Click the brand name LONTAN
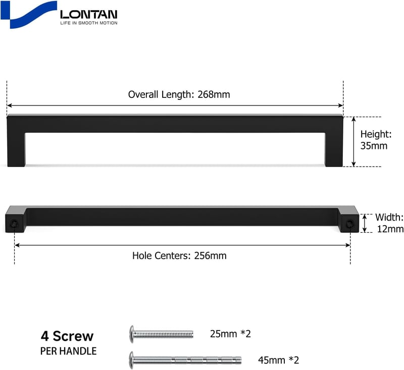pos(89,15)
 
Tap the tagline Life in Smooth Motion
pos(89,23)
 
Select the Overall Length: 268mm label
pos(179,94)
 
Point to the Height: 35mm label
pos(376,140)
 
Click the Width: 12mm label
pos(389,223)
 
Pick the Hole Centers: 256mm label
pos(179,256)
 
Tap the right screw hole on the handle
pos(349,224)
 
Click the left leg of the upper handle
pos(16,149)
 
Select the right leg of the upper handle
pos(334,149)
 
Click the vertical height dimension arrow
pos(354,142)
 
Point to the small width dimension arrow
pos(365,224)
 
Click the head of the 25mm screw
pos(132,334)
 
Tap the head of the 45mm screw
pos(132,360)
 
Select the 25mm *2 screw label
pos(230,334)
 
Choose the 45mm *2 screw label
pos(279,360)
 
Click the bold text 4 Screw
pos(67,336)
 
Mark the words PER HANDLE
pos(68,351)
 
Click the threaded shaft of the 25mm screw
pos(164,334)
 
